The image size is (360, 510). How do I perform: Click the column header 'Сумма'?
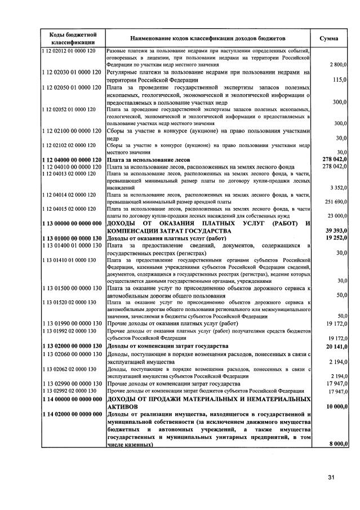tap(328, 38)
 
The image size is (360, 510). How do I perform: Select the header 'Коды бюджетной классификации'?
tap(71, 38)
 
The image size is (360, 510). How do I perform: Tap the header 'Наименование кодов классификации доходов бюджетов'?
tap(208, 38)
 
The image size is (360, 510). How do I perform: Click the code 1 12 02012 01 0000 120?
tap(71, 51)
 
